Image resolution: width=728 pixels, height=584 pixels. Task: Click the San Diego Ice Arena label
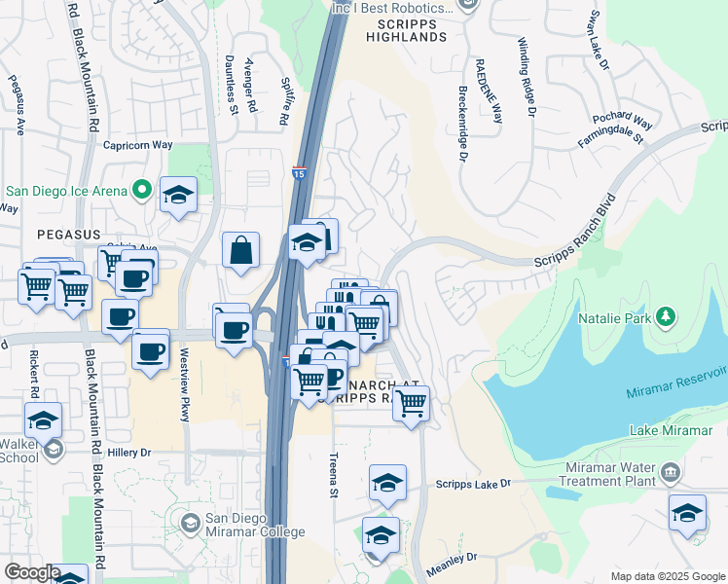pyautogui.click(x=65, y=190)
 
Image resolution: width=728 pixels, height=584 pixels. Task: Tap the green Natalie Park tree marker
pyautogui.click(x=666, y=316)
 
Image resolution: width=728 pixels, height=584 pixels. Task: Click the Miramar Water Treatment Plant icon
pyautogui.click(x=670, y=474)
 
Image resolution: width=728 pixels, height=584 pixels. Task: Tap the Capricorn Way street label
pyautogui.click(x=138, y=145)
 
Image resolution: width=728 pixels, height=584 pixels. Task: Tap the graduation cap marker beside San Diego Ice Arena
pyautogui.click(x=178, y=195)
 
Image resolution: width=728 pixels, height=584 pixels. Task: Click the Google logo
pyautogui.click(x=32, y=572)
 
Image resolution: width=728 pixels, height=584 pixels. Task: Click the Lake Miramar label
pyautogui.click(x=672, y=430)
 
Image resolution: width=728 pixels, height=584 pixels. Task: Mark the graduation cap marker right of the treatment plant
pyautogui.click(x=687, y=513)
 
